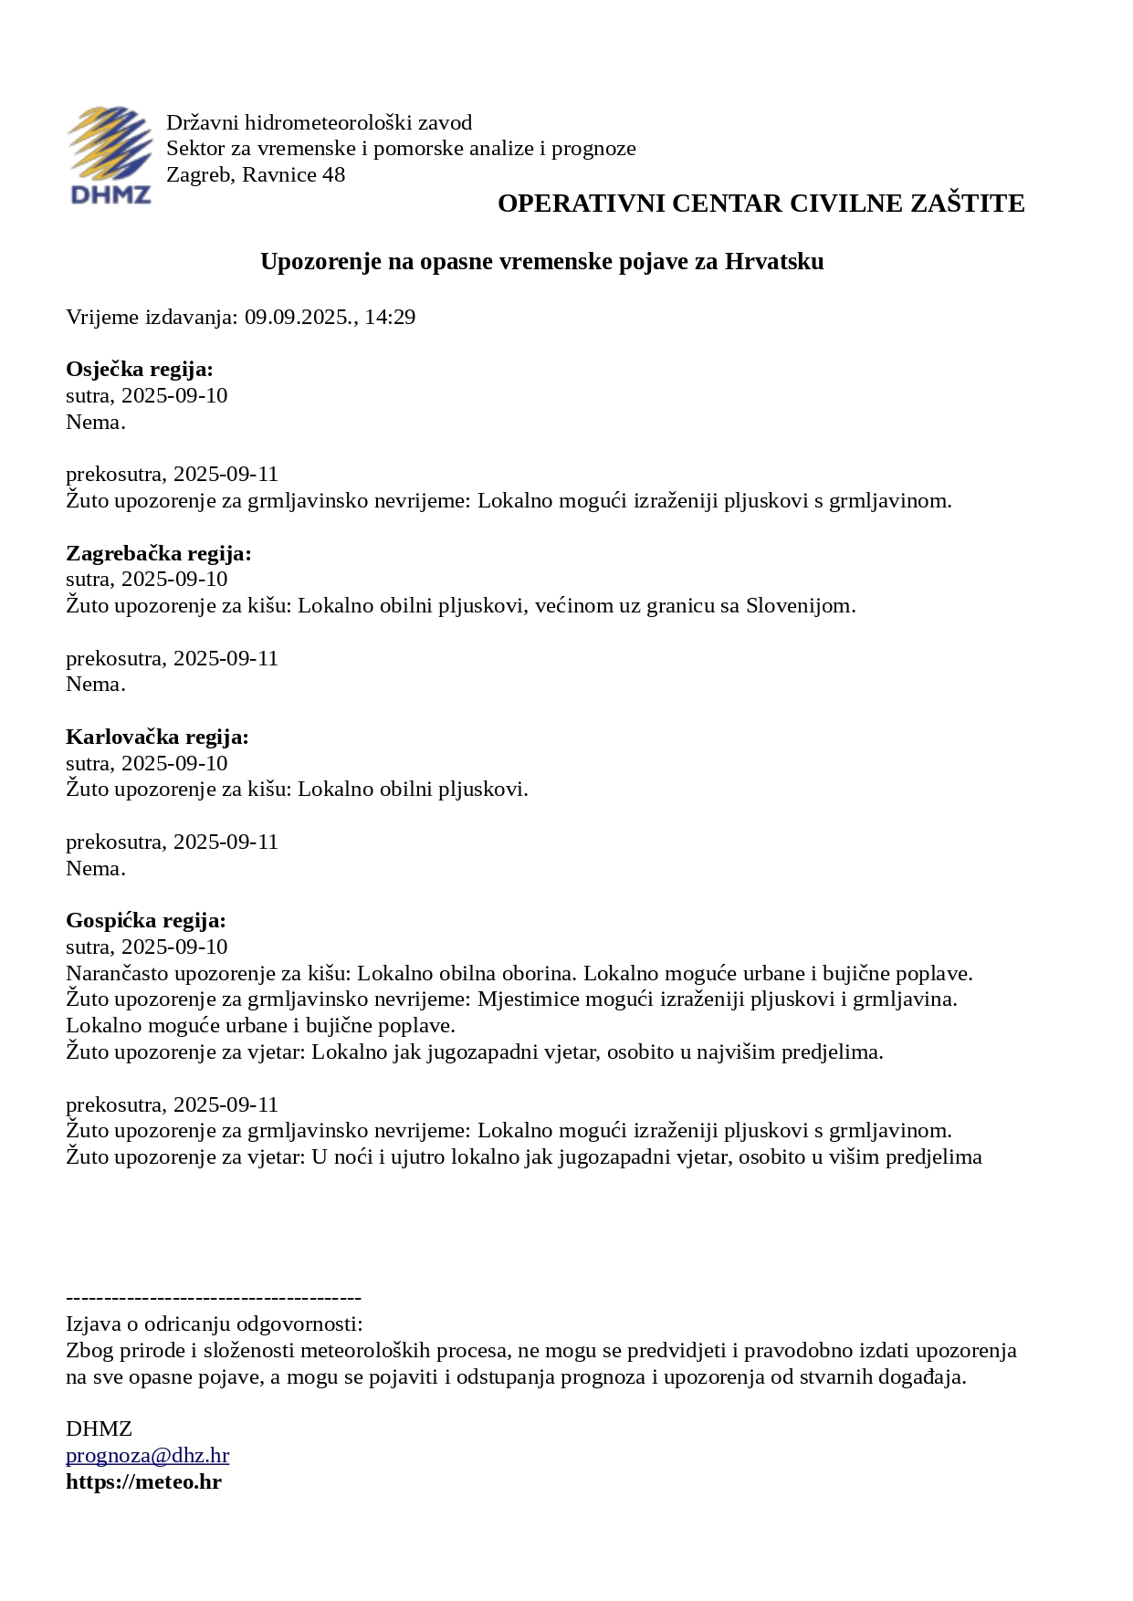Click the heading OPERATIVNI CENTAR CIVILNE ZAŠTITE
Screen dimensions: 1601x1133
(761, 204)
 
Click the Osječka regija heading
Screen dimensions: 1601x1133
(139, 370)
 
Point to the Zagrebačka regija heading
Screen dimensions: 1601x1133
(158, 554)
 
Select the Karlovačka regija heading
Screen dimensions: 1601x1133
(157, 738)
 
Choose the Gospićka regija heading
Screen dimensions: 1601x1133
(145, 921)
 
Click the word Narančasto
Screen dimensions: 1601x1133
(117, 974)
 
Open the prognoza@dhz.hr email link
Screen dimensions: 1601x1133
(147, 1456)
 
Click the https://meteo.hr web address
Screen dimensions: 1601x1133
(143, 1482)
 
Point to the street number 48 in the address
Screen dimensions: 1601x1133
(333, 175)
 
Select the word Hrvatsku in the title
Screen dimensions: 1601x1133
(774, 262)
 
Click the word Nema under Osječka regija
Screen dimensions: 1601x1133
(93, 423)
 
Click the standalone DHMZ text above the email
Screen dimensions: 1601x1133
(99, 1429)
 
